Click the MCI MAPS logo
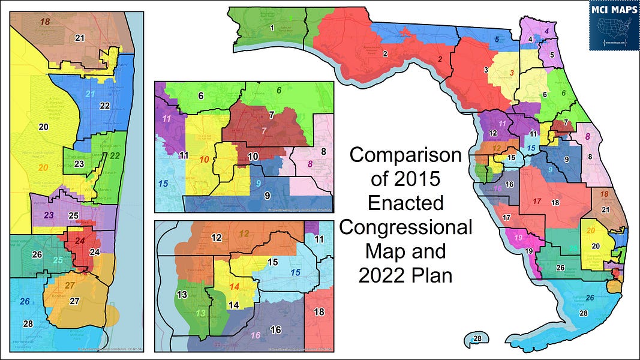click(614, 26)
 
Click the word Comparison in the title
click(405, 155)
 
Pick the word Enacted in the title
click(405, 203)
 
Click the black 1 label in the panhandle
click(272, 28)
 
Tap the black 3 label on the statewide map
click(485, 70)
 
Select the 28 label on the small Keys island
click(477, 339)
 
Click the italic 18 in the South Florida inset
click(45, 22)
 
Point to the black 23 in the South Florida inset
click(79, 164)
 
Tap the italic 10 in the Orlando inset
click(203, 160)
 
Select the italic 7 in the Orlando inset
click(263, 130)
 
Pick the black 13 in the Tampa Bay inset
click(182, 294)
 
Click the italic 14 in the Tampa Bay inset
click(234, 287)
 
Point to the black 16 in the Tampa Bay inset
click(275, 330)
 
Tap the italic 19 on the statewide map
click(518, 238)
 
